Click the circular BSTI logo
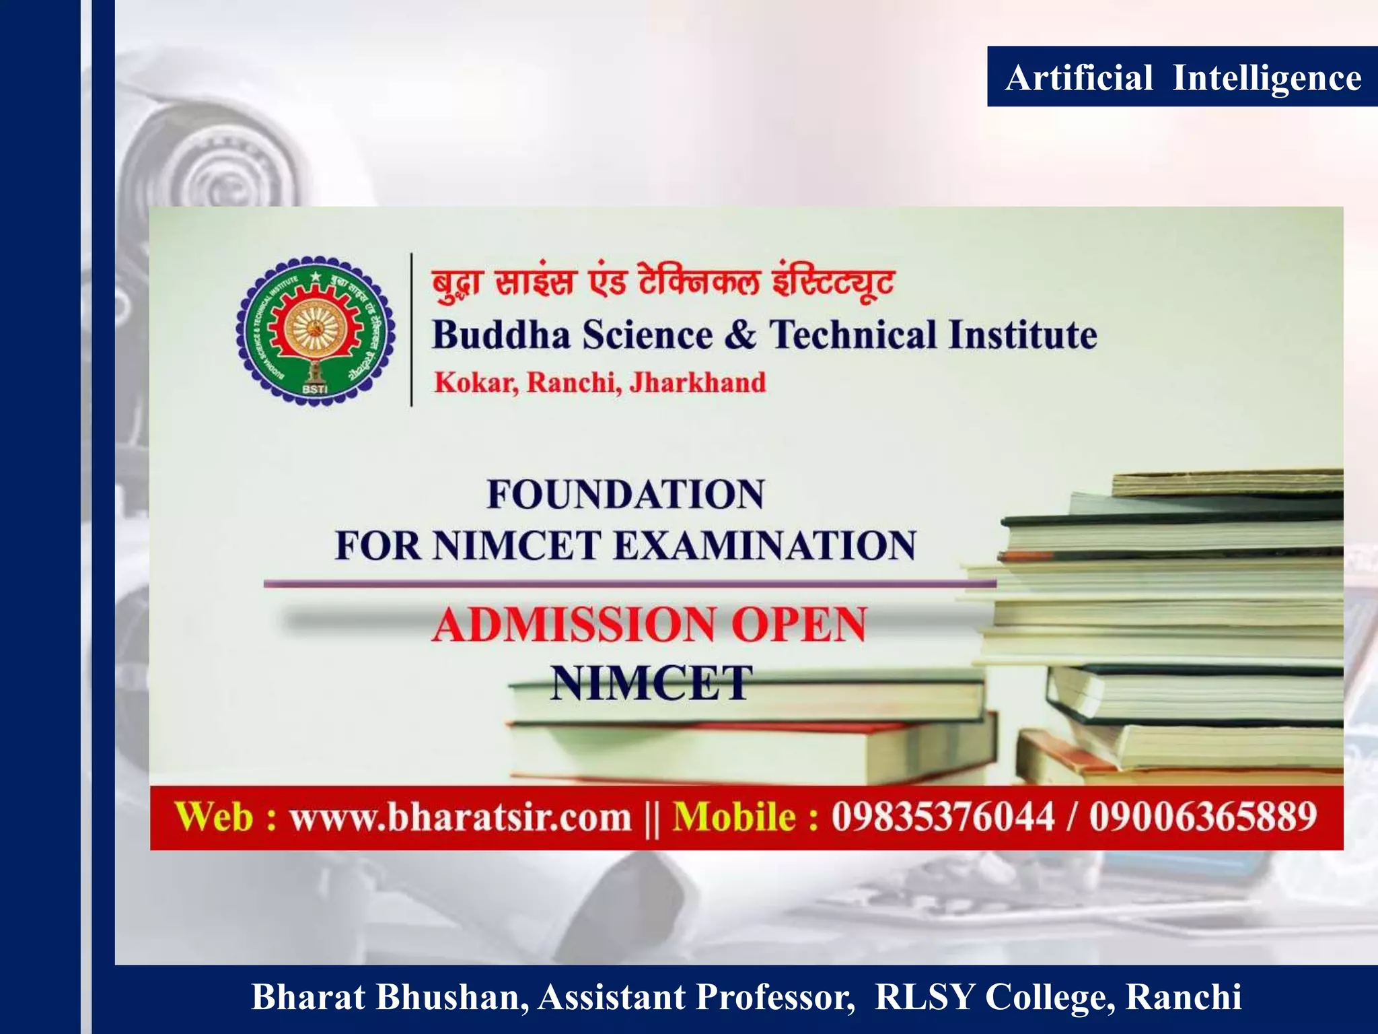[x=315, y=331]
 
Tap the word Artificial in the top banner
[x=1079, y=77]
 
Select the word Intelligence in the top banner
[x=1266, y=79]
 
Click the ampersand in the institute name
[x=741, y=335]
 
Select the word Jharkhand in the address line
[x=697, y=382]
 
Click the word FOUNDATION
[x=625, y=494]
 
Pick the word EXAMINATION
[x=764, y=545]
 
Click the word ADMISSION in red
[x=574, y=624]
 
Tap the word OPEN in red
[x=799, y=624]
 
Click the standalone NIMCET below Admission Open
[x=650, y=683]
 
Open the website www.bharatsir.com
[x=460, y=818]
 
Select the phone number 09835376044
[x=942, y=817]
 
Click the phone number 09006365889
[x=1203, y=817]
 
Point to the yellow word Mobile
[x=735, y=817]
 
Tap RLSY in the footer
[x=924, y=998]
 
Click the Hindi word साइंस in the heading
[x=536, y=281]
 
